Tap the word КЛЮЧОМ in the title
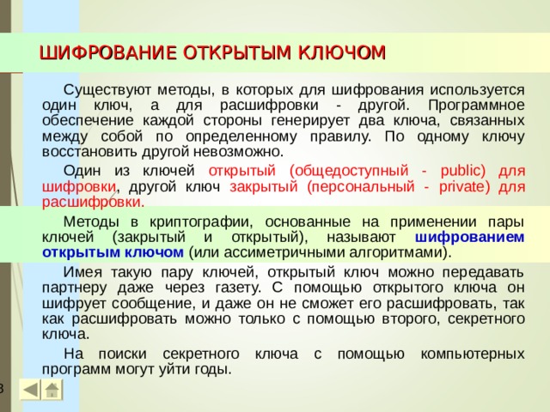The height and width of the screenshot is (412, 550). click(x=341, y=54)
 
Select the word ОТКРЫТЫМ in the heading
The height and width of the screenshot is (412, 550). click(x=234, y=54)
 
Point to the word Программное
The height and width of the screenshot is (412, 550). click(x=477, y=104)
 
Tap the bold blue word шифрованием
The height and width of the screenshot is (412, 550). click(x=469, y=236)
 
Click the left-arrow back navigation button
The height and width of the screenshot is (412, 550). click(x=29, y=390)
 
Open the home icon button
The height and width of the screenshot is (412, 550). click(x=52, y=391)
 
